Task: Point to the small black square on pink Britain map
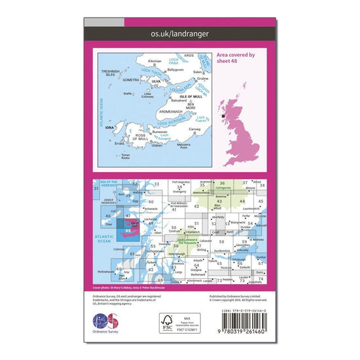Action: pos(225,117)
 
